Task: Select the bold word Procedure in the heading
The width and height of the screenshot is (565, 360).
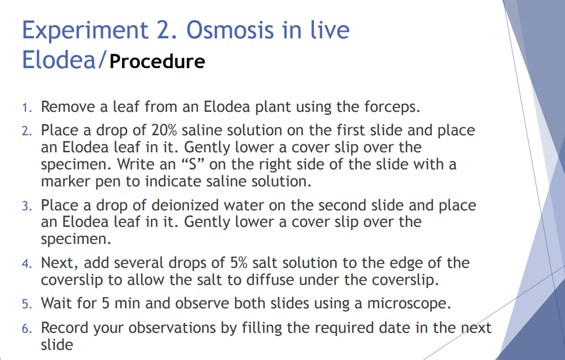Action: [157, 61]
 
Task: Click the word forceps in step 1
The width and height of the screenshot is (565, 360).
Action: [391, 107]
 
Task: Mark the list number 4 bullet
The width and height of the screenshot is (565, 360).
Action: [27, 263]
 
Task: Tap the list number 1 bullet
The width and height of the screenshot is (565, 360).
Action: [27, 108]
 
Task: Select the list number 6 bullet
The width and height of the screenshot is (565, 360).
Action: [27, 328]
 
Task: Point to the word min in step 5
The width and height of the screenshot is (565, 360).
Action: [135, 303]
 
